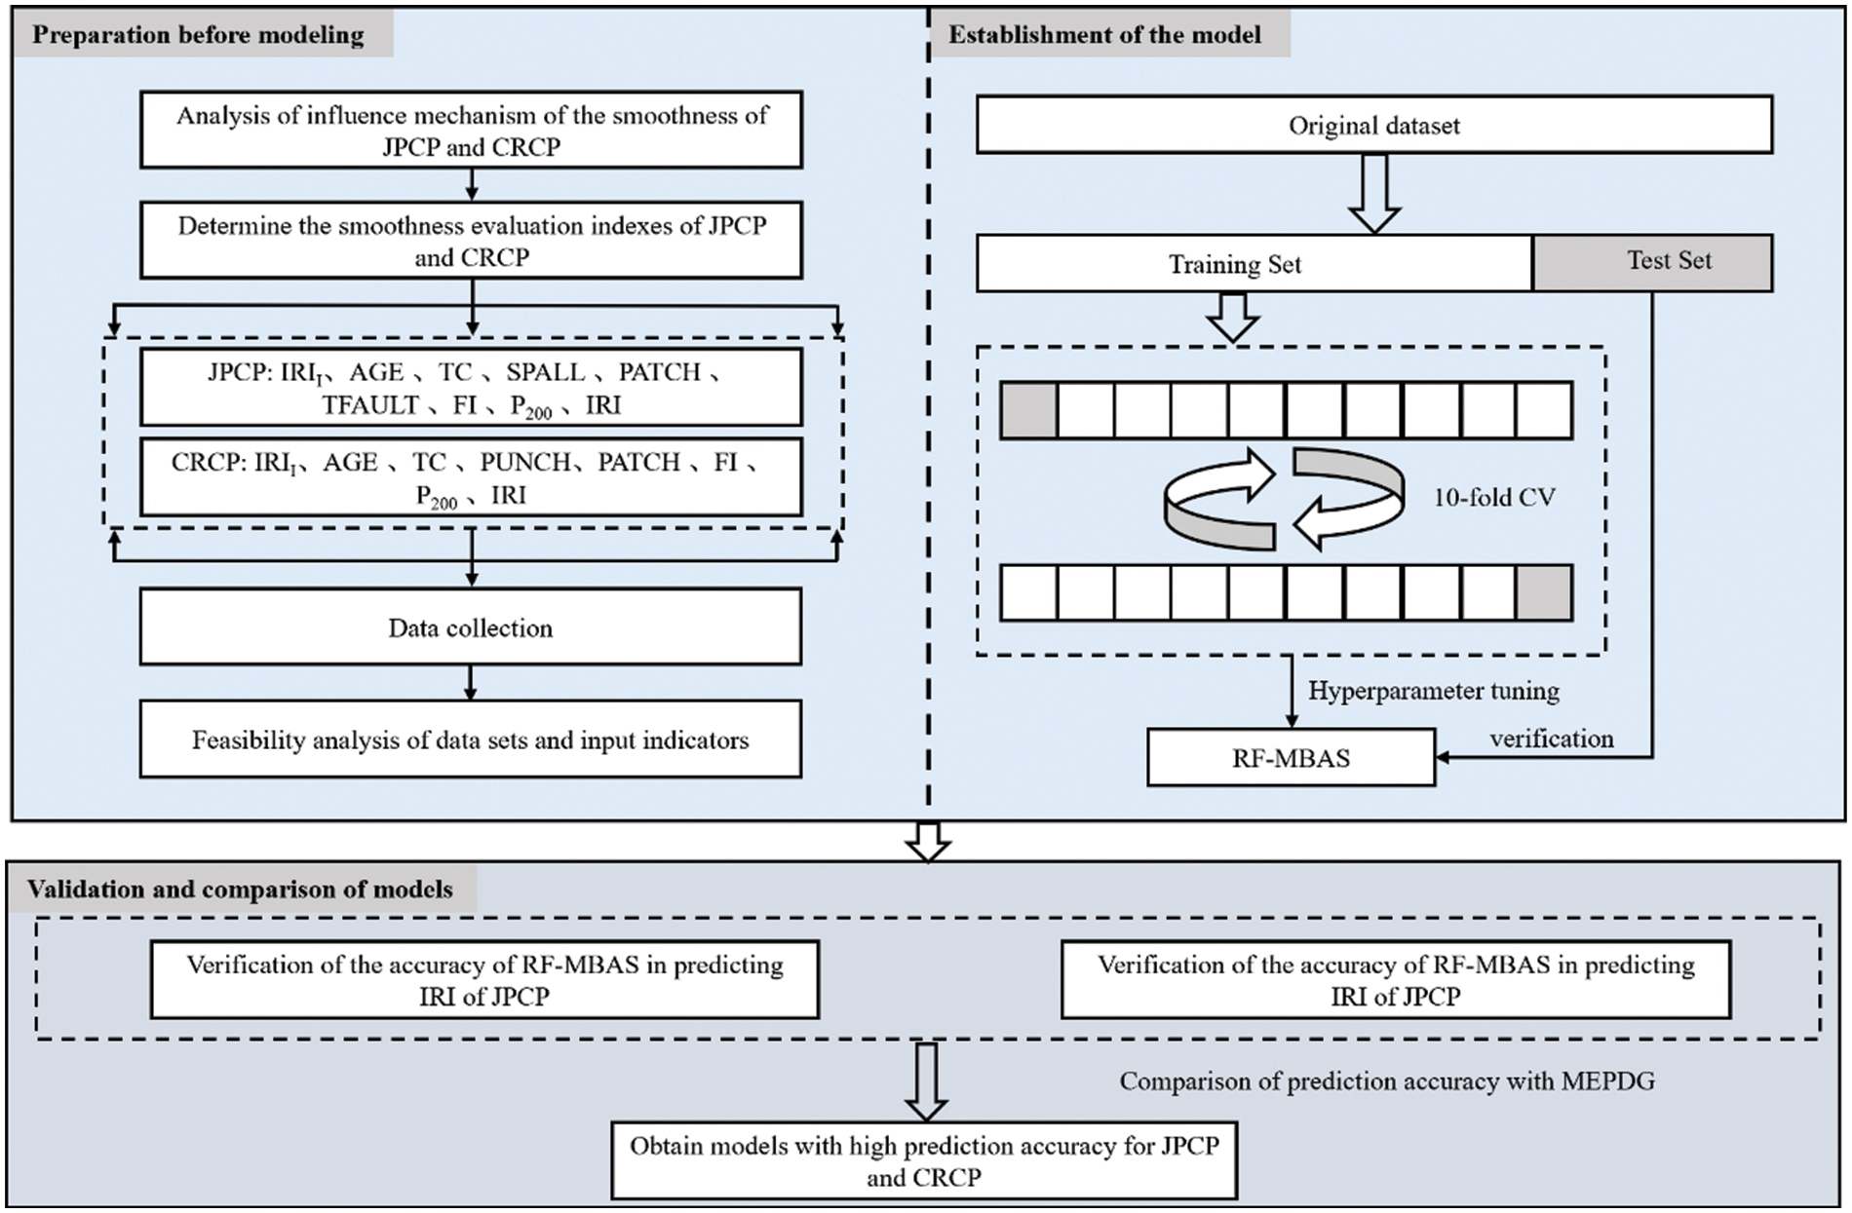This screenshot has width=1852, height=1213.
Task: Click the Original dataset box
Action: (x=1373, y=125)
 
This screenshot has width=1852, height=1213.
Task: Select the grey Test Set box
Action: (x=1652, y=261)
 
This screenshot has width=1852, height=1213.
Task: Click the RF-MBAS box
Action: (x=1291, y=758)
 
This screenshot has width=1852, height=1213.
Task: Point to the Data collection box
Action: (x=471, y=627)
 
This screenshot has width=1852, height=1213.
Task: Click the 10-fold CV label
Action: (x=1493, y=498)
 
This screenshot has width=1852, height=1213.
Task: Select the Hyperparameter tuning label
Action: (x=1433, y=691)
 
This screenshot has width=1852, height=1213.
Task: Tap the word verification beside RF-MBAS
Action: (x=1551, y=739)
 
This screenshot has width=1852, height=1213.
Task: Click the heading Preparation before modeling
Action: (x=199, y=35)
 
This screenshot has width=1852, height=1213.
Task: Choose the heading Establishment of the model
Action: (x=1104, y=35)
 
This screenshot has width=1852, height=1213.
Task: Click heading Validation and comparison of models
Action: (x=240, y=889)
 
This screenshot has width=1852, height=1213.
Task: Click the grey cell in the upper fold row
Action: (x=1028, y=409)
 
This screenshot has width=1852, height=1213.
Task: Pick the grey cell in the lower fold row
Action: (x=1544, y=593)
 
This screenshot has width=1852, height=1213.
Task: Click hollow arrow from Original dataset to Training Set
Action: (x=1374, y=194)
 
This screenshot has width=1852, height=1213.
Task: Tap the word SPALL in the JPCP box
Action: (x=546, y=372)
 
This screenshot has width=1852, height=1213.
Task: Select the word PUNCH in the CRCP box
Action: (x=524, y=462)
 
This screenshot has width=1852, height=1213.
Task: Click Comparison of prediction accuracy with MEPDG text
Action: (x=1386, y=1080)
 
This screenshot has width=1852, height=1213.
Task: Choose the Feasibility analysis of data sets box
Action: (x=471, y=739)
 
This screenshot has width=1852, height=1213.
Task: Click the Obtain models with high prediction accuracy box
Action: (x=923, y=1160)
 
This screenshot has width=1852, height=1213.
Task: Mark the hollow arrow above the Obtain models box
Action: (x=925, y=1081)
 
